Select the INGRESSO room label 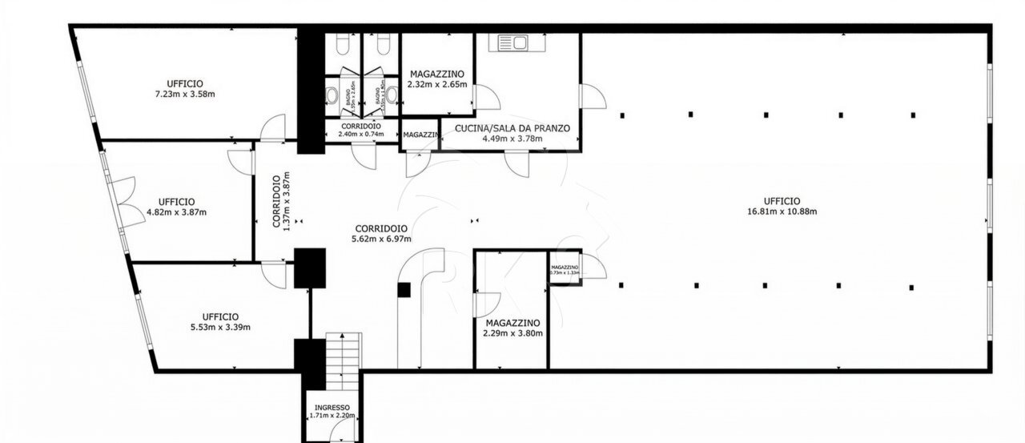(332, 407)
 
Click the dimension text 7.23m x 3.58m (185, 94)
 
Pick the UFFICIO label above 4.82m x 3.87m (176, 201)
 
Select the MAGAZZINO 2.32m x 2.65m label (436, 74)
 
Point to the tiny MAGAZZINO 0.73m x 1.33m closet (565, 270)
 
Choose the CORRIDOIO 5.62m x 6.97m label (381, 228)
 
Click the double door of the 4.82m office (121, 200)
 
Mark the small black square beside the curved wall (404, 290)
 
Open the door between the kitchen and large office (592, 97)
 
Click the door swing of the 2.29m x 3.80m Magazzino (484, 304)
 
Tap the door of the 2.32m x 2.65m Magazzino (485, 97)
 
